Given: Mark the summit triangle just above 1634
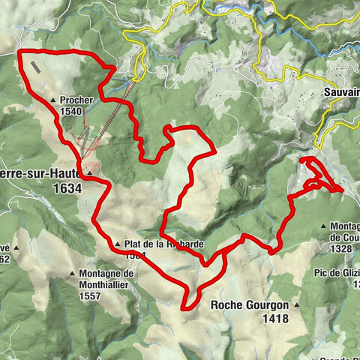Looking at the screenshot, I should click(88, 173).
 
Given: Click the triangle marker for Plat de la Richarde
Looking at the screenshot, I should click(118, 244).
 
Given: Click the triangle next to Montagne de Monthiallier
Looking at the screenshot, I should click(72, 274).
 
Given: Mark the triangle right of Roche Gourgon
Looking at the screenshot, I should click(297, 305).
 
